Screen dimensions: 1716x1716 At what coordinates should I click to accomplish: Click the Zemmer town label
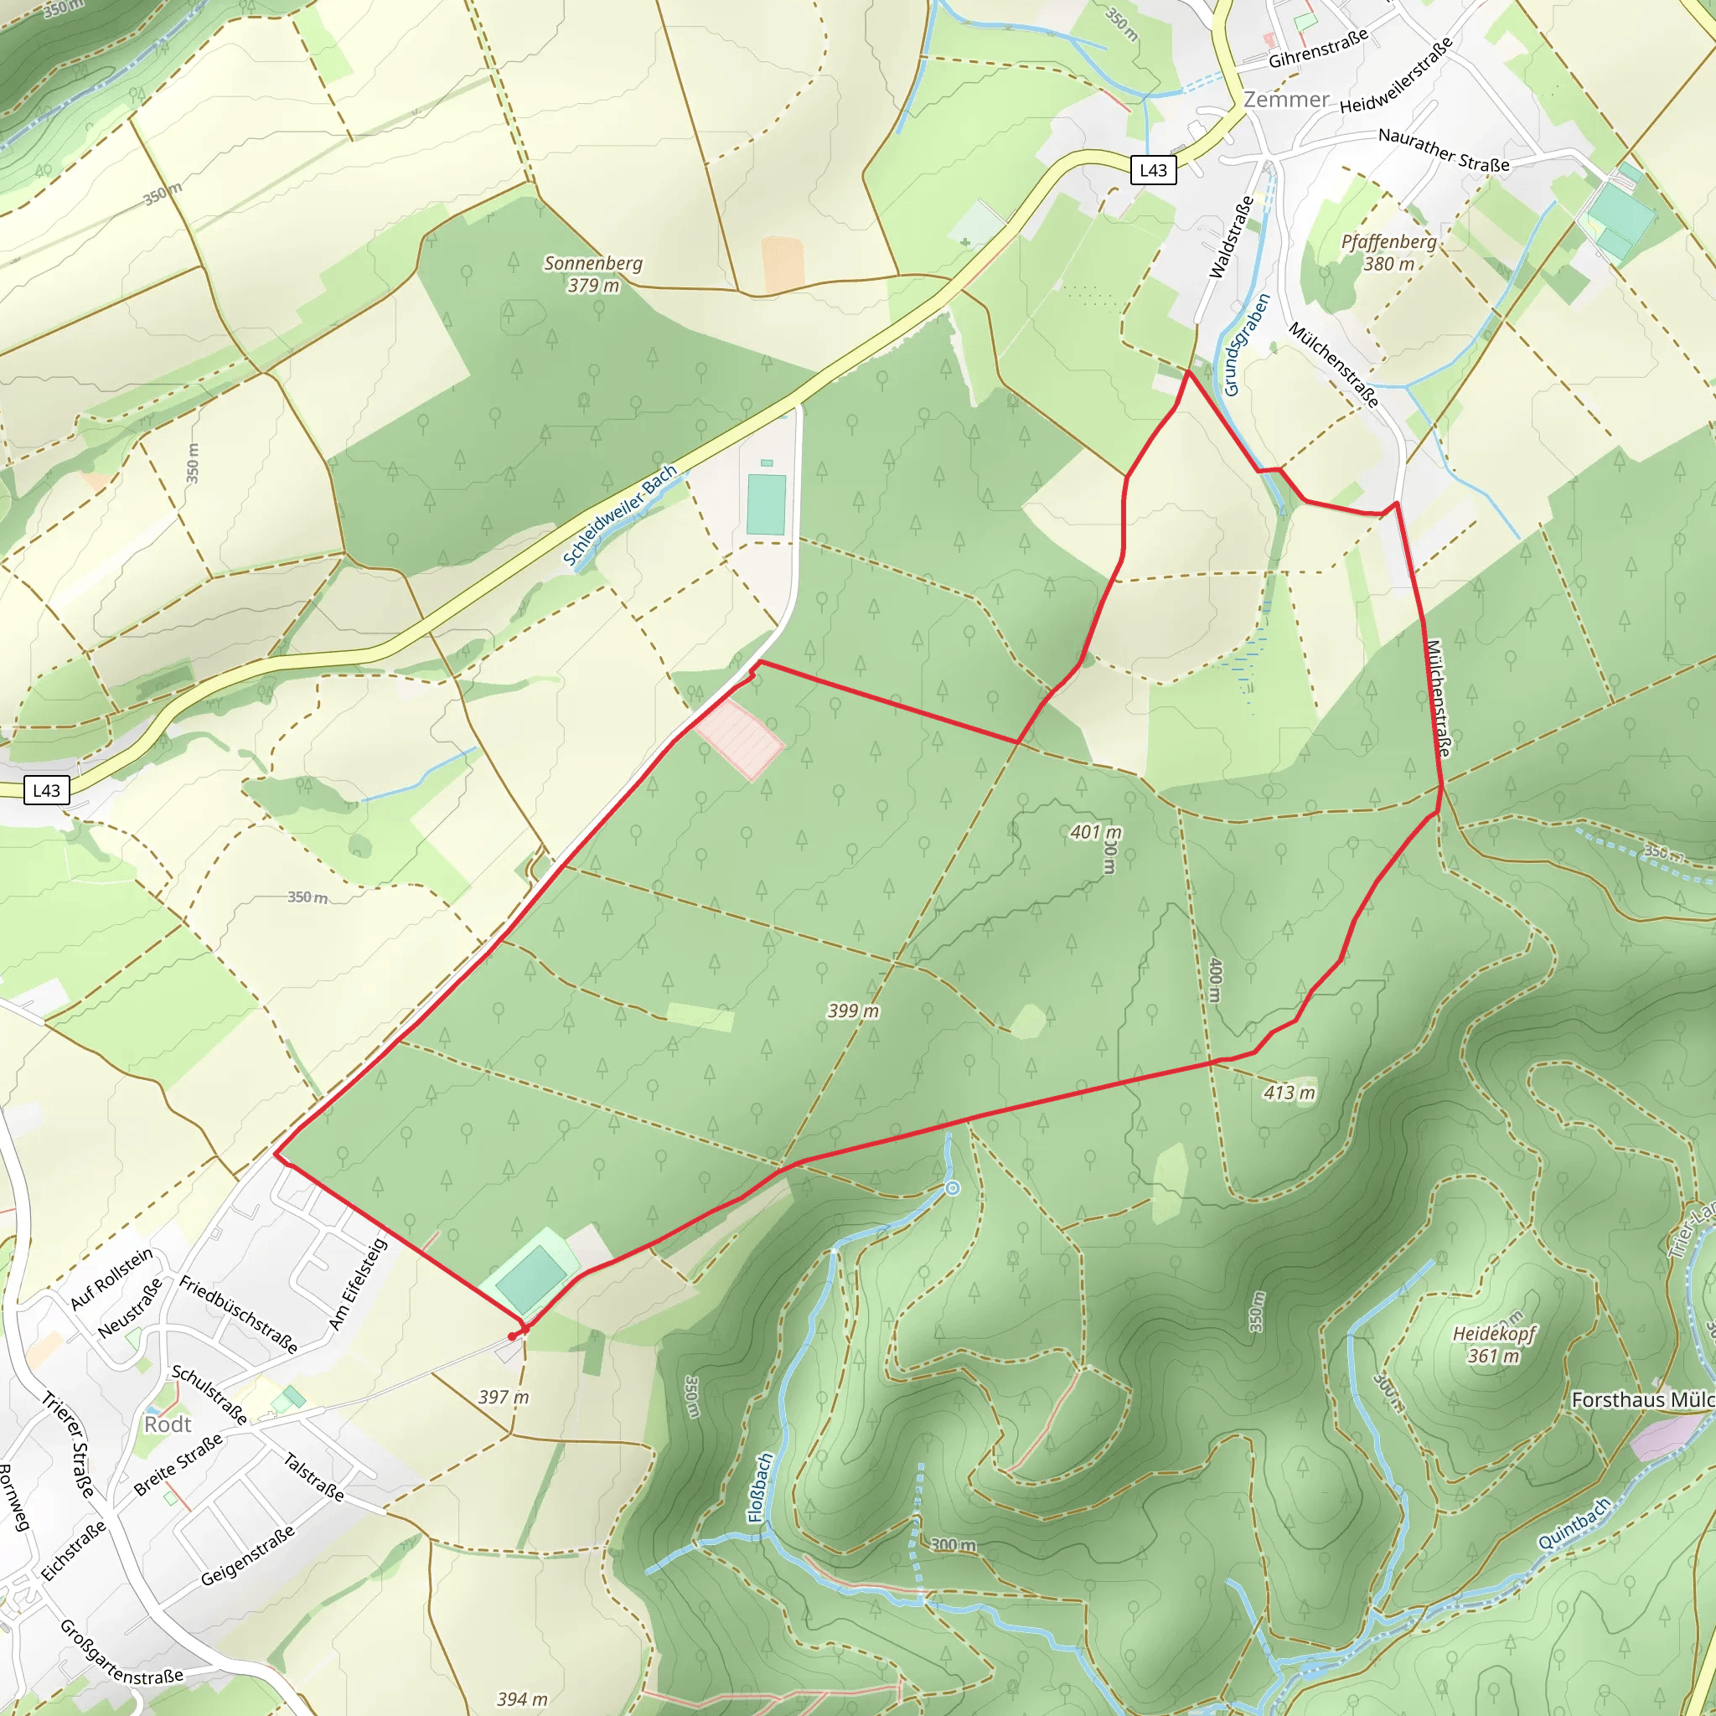coord(1286,100)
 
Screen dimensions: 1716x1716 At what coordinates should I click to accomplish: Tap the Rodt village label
coord(168,1424)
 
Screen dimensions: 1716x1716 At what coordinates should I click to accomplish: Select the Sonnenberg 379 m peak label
coord(592,273)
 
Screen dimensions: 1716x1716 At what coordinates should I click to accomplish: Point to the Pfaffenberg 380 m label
coord(1388,252)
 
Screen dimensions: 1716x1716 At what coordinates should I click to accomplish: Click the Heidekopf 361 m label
coord(1493,1345)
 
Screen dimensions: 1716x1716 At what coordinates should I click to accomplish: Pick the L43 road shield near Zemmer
coord(1153,171)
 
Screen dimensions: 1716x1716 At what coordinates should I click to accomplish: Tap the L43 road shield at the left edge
coord(46,790)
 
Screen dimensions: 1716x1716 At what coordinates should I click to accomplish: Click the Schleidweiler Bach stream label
coord(620,515)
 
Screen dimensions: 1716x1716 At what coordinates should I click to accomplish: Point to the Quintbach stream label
coord(1574,1523)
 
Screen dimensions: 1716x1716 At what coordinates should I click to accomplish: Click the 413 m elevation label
coord(1289,1093)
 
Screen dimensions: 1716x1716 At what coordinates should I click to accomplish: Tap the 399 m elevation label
coord(853,1010)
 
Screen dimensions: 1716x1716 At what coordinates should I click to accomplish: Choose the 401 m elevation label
coord(1095,832)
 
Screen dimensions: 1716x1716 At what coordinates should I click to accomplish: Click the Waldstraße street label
coord(1232,237)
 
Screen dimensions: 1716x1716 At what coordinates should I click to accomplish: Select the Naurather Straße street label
coord(1444,150)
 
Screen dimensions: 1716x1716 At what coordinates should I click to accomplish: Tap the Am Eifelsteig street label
coord(358,1284)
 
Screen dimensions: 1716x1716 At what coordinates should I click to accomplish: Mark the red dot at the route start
coord(513,1336)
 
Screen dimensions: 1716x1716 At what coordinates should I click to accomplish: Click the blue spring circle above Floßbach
coord(952,1188)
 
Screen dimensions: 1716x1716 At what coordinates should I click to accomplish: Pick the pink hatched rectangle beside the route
coord(738,739)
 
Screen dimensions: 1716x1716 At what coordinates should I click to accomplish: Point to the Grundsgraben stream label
coord(1246,344)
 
